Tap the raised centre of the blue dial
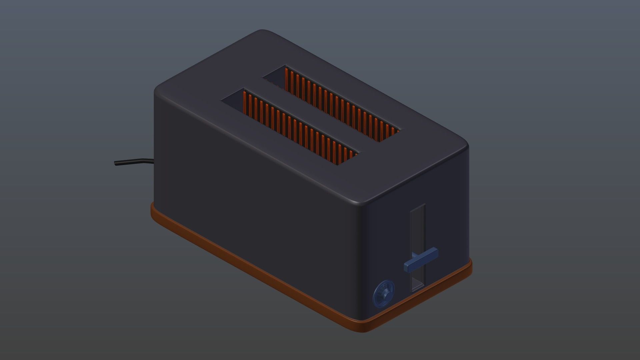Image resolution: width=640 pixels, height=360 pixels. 387,293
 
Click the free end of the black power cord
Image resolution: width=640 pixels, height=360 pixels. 116,163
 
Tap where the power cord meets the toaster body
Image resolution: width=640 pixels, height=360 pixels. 153,162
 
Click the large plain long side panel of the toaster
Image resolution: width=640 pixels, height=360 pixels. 253,200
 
